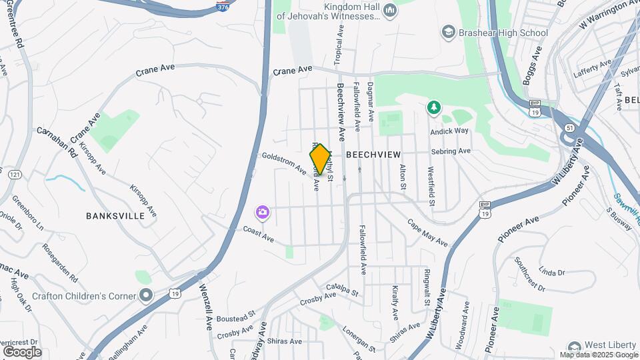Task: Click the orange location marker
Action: click(x=320, y=159)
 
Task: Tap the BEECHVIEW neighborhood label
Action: click(x=373, y=154)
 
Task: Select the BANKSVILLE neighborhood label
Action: click(x=115, y=216)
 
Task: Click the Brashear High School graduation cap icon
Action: click(x=448, y=32)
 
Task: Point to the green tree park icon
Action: click(x=434, y=107)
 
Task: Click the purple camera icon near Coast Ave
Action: click(x=263, y=212)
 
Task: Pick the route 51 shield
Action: click(x=568, y=127)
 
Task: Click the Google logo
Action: click(x=22, y=351)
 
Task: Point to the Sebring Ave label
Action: click(x=451, y=151)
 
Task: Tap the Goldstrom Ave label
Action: click(x=284, y=163)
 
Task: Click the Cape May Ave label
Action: click(x=427, y=233)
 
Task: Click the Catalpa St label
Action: click(x=339, y=291)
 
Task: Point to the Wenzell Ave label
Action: click(x=205, y=303)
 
